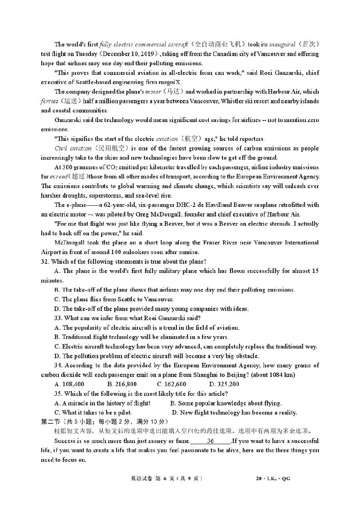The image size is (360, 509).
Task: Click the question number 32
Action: (x=45, y=262)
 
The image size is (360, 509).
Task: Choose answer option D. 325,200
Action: (x=224, y=384)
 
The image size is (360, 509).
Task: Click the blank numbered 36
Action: (x=211, y=441)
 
